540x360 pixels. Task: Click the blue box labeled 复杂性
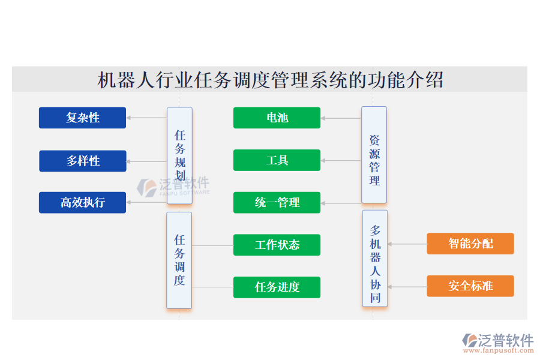[82, 118]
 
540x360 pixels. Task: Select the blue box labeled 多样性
[82, 161]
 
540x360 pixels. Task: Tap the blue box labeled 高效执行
[82, 203]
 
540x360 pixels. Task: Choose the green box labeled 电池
[277, 118]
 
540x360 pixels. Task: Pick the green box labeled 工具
[277, 160]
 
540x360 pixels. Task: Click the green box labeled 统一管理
[277, 203]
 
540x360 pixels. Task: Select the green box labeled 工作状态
[277, 245]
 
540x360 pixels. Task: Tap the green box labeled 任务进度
[277, 287]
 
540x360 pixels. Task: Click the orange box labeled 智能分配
[470, 244]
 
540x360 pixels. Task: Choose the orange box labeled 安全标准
[470, 286]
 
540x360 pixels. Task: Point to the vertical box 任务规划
[179, 155]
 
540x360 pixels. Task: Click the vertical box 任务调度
[179, 260]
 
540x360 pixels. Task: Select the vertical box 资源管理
[374, 155]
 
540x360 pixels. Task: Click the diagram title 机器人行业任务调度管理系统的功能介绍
[270, 80]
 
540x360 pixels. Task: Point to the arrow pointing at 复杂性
[146, 118]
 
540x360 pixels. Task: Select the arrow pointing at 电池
[341, 118]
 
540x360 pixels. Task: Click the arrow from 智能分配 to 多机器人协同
[407, 244]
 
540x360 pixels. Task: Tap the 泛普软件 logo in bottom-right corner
[497, 341]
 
